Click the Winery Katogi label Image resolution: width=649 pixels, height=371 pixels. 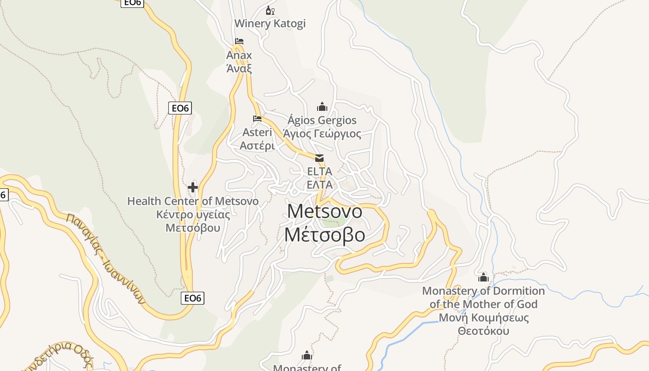pos(270,24)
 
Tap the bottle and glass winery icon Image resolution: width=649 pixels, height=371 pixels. pos(270,10)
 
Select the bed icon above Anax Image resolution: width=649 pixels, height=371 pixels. pos(239,41)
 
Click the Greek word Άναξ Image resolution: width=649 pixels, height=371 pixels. pos(239,69)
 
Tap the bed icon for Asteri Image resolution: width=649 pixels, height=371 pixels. pos(257,119)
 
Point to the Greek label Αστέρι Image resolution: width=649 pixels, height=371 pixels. pos(257,146)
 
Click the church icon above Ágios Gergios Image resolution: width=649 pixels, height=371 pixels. pos(322,107)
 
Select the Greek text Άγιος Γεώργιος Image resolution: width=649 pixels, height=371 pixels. pos(322,134)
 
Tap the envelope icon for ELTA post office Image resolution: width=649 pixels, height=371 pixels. pos(319,158)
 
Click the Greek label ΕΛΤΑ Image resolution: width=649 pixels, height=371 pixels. pos(319,185)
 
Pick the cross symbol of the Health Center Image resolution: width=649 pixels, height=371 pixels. pos(193,187)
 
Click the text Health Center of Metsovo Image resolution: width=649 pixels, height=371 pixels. pos(193,201)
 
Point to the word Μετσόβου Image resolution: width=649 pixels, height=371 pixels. pos(193,228)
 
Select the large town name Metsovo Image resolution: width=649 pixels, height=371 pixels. pos(324,211)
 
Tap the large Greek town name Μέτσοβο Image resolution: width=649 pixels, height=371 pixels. pos(324,235)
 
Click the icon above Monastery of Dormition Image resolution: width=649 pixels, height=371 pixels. pos(484,277)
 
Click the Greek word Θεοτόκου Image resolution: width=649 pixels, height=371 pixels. pos(484,331)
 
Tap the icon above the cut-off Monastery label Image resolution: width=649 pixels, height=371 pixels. pos(307,356)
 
